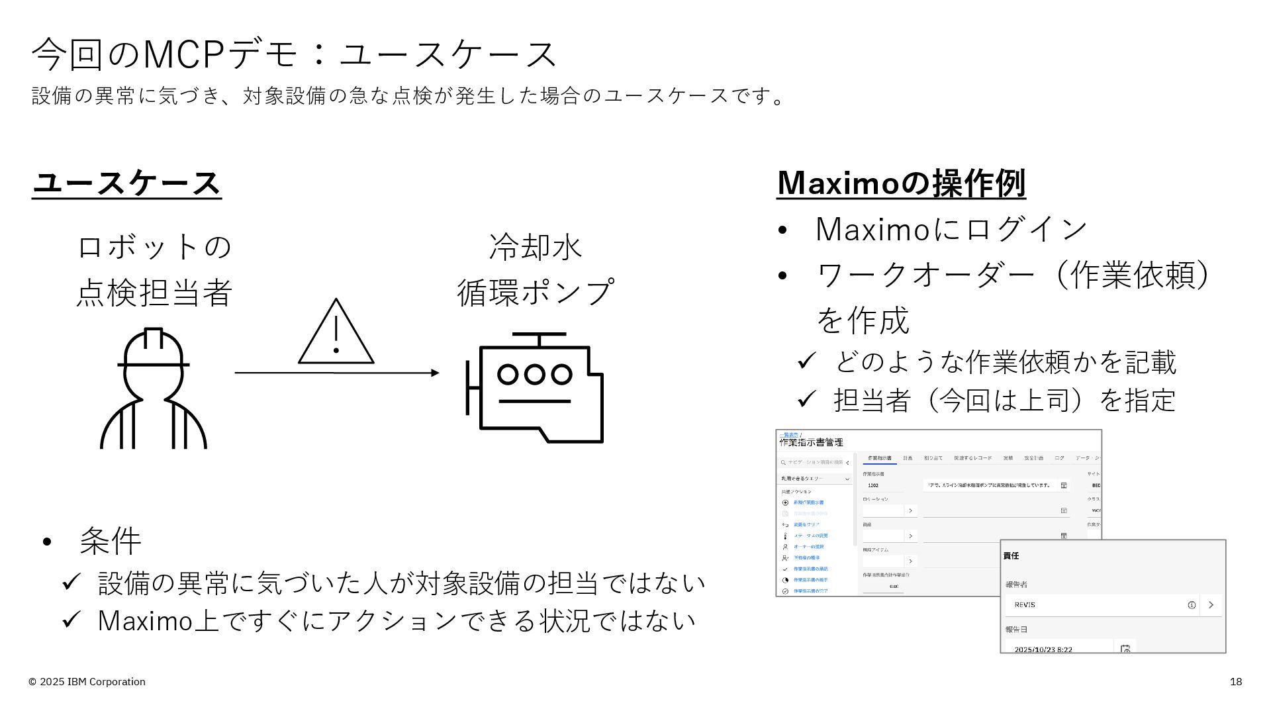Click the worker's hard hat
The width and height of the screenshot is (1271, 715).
point(153,348)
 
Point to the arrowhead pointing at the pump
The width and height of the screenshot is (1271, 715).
point(435,373)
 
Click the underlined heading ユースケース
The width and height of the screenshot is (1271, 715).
point(126,183)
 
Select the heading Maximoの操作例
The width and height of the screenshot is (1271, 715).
point(901,183)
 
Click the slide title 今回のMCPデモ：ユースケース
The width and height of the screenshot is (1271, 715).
point(295,54)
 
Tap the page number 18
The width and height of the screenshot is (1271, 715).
point(1235,682)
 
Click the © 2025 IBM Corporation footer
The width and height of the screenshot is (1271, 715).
point(87,682)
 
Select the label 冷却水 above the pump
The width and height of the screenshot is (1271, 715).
point(536,247)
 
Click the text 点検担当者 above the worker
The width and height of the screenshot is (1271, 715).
point(154,292)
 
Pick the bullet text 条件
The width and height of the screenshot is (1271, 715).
point(110,541)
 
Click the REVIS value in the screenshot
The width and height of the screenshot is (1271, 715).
point(1025,605)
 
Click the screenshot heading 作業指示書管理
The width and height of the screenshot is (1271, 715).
point(811,442)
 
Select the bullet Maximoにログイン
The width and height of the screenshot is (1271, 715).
point(951,229)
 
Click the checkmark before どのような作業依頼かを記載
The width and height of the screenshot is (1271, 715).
point(806,361)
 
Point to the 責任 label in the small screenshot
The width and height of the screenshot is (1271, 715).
point(1011,555)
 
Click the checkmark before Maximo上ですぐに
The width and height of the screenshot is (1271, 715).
point(71,620)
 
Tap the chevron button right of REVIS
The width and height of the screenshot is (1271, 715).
point(1211,605)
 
